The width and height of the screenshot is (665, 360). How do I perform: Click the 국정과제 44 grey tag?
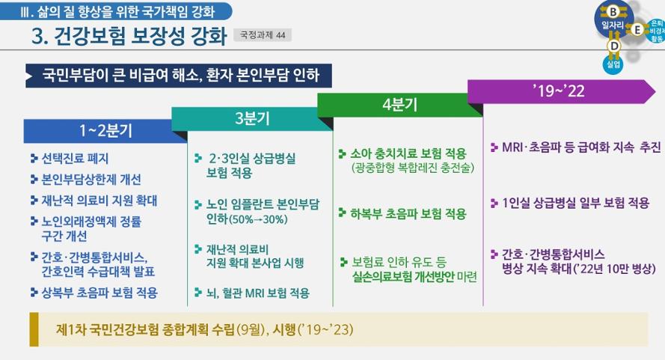point(263,35)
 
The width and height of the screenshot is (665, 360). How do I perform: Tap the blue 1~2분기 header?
point(105,131)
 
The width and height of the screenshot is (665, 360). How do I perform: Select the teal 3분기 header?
point(252,118)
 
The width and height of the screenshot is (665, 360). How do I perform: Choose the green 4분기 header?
point(399,105)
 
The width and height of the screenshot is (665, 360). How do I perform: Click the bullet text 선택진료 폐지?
point(75,159)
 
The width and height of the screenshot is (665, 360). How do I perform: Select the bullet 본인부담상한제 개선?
point(91,179)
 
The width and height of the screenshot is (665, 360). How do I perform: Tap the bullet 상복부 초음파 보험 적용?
point(99,292)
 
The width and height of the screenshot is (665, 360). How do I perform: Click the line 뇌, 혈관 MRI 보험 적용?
point(258,293)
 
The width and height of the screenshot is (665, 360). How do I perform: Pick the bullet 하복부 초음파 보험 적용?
point(408,213)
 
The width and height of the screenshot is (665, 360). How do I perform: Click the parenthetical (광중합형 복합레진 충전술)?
point(413,168)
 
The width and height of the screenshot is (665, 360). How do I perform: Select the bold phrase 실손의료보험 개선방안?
point(403,277)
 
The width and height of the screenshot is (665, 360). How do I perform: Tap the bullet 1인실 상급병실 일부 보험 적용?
point(575,203)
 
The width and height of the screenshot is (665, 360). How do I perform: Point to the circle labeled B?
point(613,12)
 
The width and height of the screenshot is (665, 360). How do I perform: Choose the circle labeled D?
point(613,46)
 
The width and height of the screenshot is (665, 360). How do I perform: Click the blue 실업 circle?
point(613,64)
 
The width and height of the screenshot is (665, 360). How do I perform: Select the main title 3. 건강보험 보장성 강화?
point(129,36)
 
